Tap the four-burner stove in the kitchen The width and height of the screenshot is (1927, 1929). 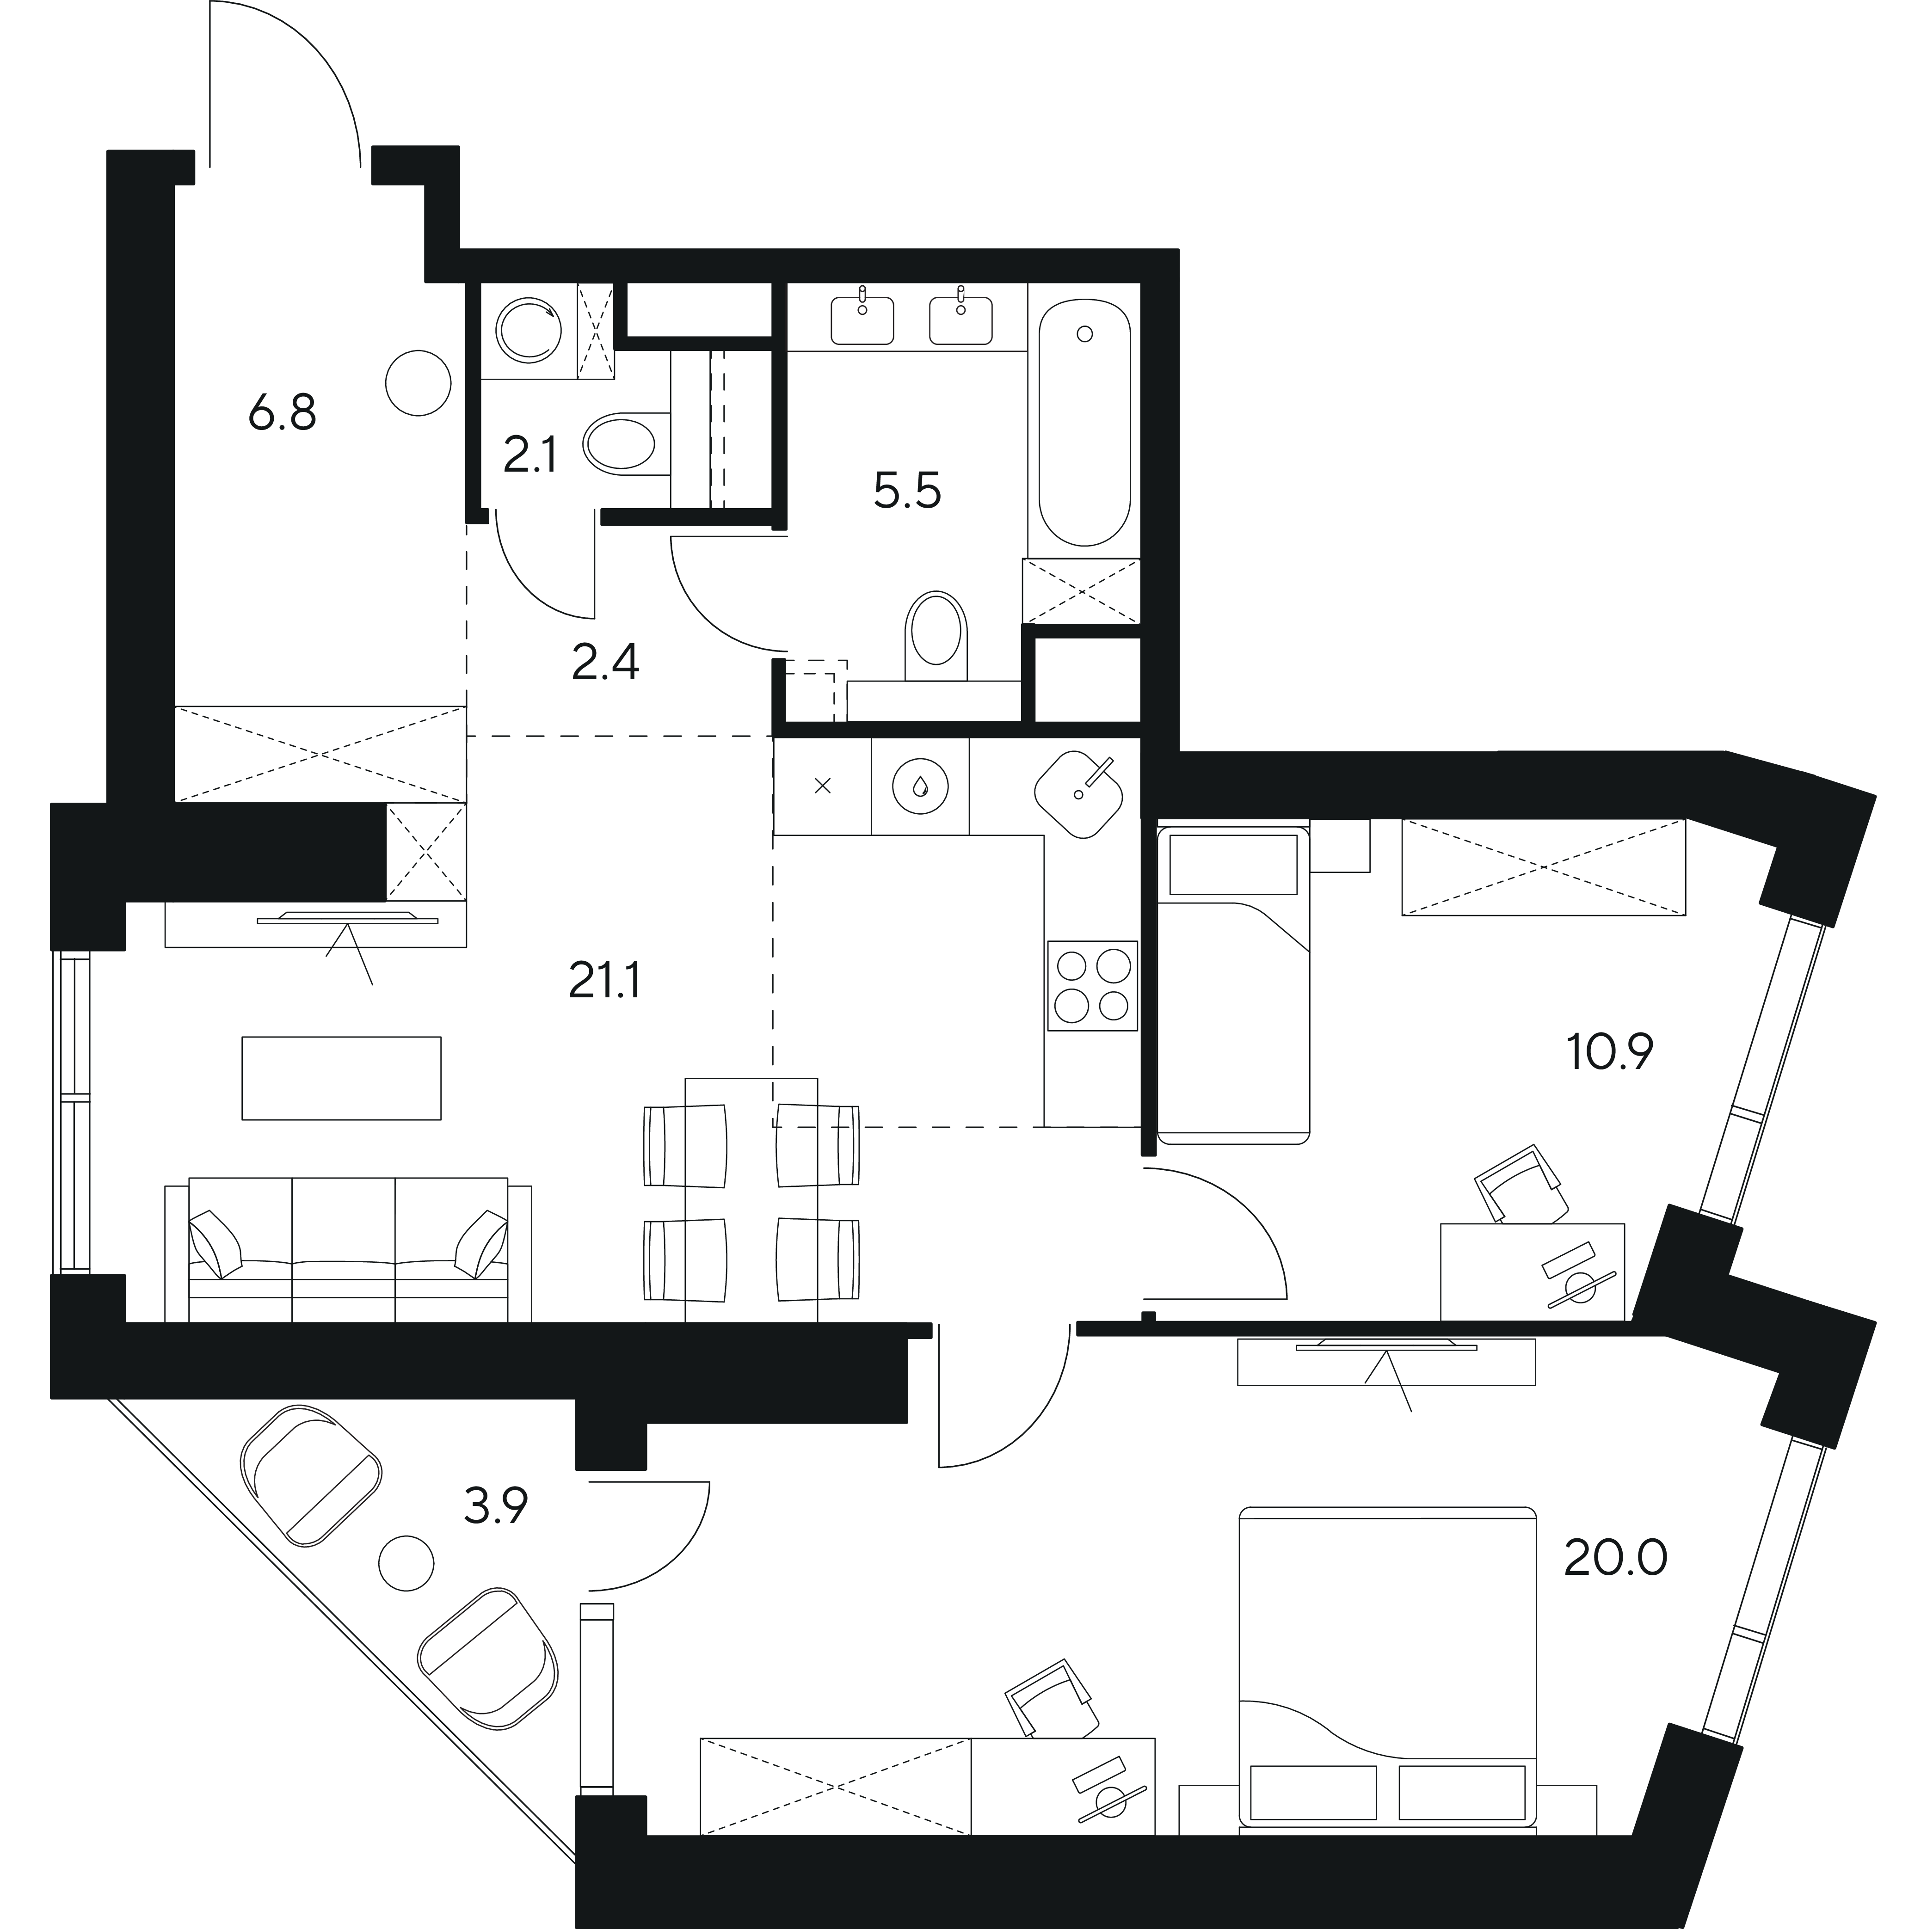1092,985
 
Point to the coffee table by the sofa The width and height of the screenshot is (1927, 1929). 341,1077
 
